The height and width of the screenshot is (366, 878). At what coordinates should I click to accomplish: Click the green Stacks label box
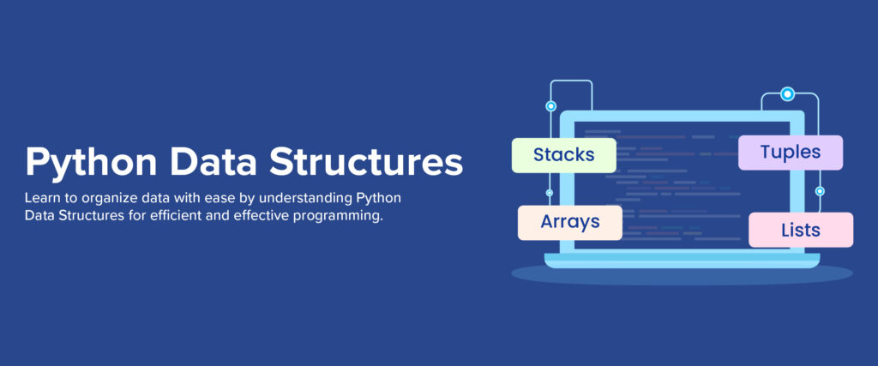[x=563, y=155]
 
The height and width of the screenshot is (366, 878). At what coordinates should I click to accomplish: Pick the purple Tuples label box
[x=790, y=153]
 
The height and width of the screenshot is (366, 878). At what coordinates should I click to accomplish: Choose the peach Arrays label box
[x=569, y=222]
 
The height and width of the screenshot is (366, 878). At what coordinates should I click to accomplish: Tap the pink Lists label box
[x=801, y=230]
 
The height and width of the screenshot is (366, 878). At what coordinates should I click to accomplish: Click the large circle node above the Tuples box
[x=787, y=94]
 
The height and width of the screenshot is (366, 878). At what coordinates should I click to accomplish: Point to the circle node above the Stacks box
[x=550, y=106]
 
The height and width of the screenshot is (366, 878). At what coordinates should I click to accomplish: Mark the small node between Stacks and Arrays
[x=550, y=192]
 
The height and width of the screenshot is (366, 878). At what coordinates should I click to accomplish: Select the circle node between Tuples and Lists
[x=820, y=191]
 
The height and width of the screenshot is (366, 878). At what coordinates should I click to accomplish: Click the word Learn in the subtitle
[x=42, y=199]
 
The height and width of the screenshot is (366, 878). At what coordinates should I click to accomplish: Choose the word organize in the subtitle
[x=104, y=199]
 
